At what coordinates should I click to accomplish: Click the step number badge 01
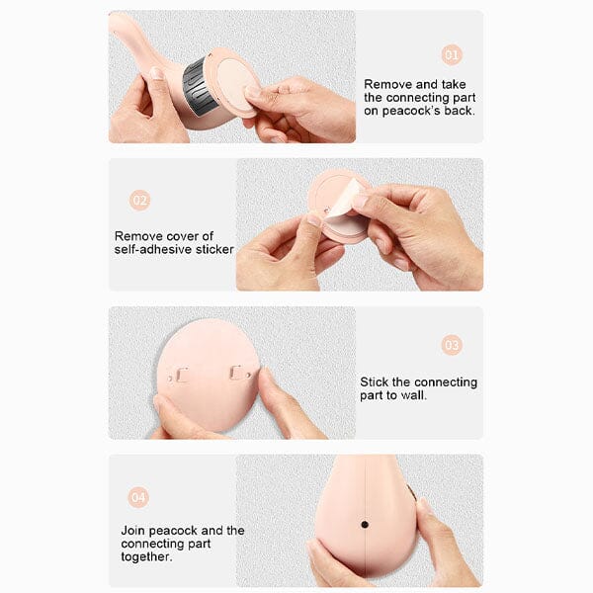pyautogui.click(x=452, y=55)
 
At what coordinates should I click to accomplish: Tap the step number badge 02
pyautogui.click(x=139, y=200)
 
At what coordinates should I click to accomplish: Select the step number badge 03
pyautogui.click(x=452, y=345)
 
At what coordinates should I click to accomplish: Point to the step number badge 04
pyautogui.click(x=138, y=497)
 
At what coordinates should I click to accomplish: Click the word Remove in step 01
pyautogui.click(x=386, y=84)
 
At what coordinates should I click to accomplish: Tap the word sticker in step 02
pyautogui.click(x=214, y=250)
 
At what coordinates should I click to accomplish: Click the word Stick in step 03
pyautogui.click(x=374, y=381)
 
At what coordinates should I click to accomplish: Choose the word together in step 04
pyautogui.click(x=145, y=556)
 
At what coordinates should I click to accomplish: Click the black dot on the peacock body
pyautogui.click(x=365, y=525)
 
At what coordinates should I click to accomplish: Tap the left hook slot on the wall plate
pyautogui.click(x=181, y=375)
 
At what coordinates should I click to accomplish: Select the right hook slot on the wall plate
pyautogui.click(x=236, y=373)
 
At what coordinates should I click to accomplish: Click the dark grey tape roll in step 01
pyautogui.click(x=198, y=88)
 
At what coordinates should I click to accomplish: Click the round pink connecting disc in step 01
pyautogui.click(x=234, y=82)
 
